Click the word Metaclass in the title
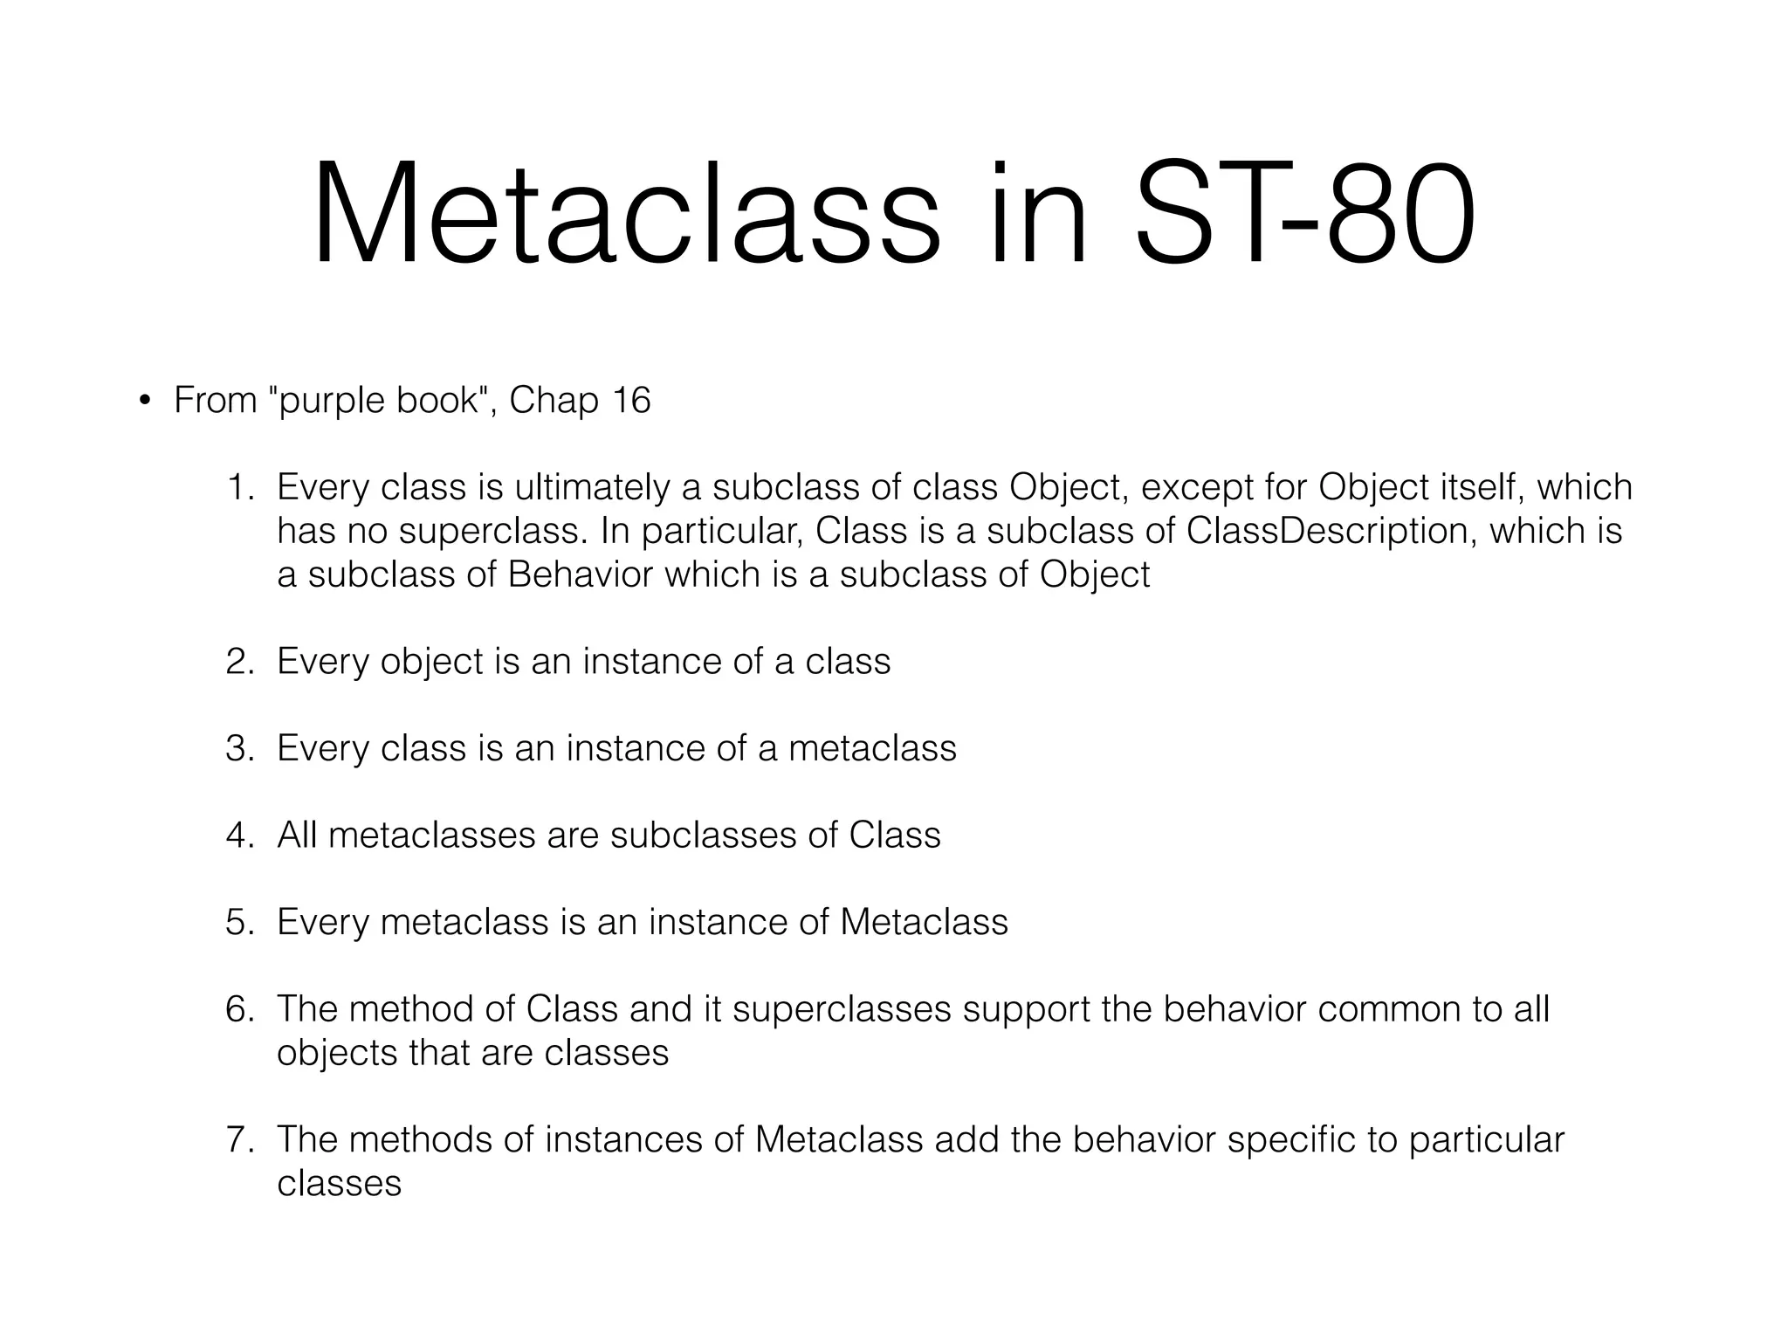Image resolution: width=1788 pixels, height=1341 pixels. coord(627,214)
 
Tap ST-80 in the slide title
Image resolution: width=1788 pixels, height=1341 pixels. coord(1303,214)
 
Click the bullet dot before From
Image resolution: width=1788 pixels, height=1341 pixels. coord(144,401)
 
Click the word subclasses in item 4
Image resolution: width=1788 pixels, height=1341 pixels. coord(703,836)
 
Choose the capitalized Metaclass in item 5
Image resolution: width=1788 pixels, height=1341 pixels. coord(924,923)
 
